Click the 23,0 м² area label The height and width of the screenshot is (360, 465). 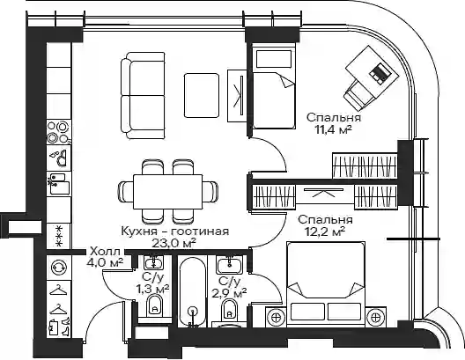(173, 243)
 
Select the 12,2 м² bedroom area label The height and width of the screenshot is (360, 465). (325, 231)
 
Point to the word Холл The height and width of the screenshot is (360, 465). (105, 252)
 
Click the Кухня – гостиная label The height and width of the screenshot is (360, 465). (175, 231)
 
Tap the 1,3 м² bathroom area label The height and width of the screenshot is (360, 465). (152, 289)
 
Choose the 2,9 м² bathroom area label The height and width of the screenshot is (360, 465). (229, 293)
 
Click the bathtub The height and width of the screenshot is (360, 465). (193, 292)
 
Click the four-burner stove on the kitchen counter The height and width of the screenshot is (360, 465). (59, 132)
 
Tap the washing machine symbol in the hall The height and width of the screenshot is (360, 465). (59, 268)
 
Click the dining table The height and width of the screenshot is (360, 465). (168, 192)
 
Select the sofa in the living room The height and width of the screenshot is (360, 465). (143, 95)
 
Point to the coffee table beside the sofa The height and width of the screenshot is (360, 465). (202, 95)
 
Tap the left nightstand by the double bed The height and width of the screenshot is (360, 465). (277, 317)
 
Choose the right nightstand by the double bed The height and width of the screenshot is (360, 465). (376, 317)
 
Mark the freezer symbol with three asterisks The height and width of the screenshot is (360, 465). (59, 236)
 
